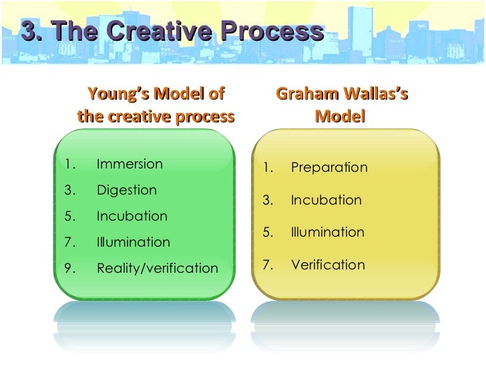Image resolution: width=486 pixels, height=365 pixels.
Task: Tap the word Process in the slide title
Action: [272, 31]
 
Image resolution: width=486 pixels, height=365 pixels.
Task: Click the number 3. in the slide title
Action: [32, 31]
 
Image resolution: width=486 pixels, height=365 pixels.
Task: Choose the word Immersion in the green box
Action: [130, 164]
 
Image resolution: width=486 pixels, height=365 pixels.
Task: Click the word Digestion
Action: [127, 190]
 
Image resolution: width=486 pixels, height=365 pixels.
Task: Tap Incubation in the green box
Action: [132, 216]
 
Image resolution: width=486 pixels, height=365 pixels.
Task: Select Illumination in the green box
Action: [134, 242]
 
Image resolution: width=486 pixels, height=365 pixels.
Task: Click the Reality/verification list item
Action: [158, 268]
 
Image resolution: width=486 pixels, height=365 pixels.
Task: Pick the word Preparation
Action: [329, 167]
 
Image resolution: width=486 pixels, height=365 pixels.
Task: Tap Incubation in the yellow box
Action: [326, 200]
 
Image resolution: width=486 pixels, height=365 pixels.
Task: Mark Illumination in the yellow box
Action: [328, 233]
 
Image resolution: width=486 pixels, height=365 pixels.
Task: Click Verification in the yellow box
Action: [328, 265]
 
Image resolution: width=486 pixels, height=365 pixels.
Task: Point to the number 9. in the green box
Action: [69, 268]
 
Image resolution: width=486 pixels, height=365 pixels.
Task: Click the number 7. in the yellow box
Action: [268, 265]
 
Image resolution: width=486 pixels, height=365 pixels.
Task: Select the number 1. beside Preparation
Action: [268, 167]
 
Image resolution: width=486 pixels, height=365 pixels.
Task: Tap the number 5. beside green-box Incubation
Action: [69, 216]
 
